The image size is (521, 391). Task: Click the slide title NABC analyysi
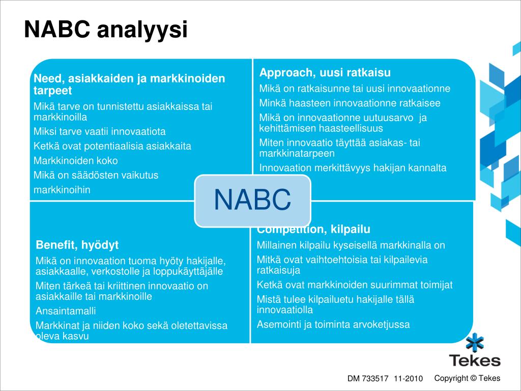106,30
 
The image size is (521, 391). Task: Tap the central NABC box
253,201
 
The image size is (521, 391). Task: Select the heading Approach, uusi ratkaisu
325,72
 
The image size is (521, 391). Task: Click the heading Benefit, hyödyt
77,245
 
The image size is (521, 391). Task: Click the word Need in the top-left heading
48,78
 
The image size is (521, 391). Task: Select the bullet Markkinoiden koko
76,160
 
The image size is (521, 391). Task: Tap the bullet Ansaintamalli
66,311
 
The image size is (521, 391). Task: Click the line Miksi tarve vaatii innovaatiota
100,131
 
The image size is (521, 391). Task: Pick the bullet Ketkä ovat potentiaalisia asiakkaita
112,146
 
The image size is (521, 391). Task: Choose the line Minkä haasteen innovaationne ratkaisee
350,103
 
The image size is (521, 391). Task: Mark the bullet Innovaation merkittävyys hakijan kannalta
353,168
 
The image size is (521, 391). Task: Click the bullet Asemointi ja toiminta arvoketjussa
333,324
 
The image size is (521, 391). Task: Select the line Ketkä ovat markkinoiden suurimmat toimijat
355,285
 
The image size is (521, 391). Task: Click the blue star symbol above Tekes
475,343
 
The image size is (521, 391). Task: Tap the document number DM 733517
368,378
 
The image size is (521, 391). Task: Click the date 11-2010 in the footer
409,378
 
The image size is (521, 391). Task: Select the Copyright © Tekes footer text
467,378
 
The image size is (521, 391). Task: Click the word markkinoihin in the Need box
62,190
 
